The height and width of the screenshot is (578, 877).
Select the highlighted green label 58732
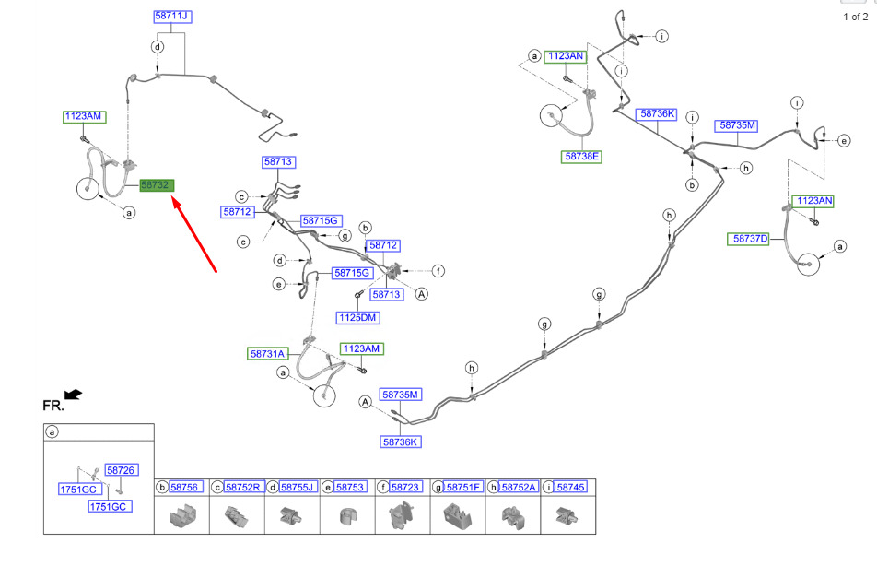click(x=157, y=185)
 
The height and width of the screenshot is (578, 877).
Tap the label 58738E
click(x=582, y=157)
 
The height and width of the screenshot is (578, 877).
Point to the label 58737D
click(x=751, y=239)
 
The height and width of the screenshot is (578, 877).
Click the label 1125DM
click(x=358, y=317)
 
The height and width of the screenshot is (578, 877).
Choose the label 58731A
click(x=268, y=353)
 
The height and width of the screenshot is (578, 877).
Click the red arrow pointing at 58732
click(x=194, y=234)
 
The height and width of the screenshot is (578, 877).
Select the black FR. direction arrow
click(x=73, y=395)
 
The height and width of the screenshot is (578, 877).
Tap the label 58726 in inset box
click(x=121, y=470)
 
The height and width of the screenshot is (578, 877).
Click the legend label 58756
click(x=184, y=487)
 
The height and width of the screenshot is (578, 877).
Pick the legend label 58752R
click(x=242, y=487)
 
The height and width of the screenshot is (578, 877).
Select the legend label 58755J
click(x=298, y=487)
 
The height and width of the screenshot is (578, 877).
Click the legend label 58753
click(x=350, y=487)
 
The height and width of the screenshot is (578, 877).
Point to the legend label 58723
click(x=405, y=487)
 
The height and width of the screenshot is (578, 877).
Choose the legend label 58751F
click(x=463, y=487)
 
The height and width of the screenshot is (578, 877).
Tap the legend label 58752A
click(x=519, y=487)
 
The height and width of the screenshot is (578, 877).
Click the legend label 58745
click(x=571, y=487)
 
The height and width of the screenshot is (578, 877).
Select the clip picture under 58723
click(x=402, y=515)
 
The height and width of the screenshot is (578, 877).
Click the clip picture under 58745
click(x=567, y=516)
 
